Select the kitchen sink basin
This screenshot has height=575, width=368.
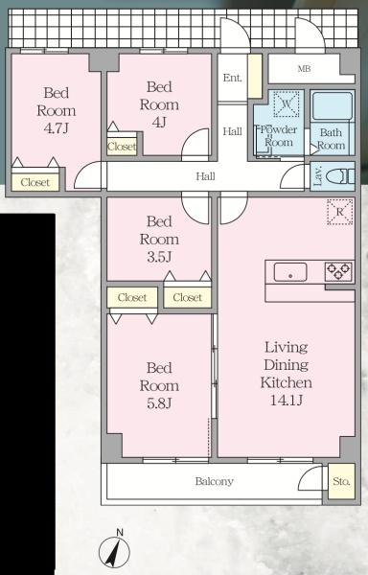[x=290, y=272]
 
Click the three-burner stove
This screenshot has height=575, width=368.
[x=339, y=272]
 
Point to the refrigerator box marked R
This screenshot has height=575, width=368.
[x=340, y=212]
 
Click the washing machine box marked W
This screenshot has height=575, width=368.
[x=287, y=104]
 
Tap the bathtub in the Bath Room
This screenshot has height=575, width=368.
[x=333, y=106]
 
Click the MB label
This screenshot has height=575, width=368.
[x=304, y=69]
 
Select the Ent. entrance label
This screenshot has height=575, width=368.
[x=232, y=78]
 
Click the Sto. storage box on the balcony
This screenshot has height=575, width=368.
[x=341, y=481]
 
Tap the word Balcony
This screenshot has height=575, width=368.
[x=214, y=481]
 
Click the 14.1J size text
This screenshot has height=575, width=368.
[x=287, y=400]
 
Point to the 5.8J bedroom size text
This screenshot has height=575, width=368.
[x=159, y=403]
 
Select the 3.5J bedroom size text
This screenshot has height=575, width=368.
[x=159, y=257]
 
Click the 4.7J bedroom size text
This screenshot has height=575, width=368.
[x=57, y=128]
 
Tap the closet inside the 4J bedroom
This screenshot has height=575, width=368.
[x=122, y=147]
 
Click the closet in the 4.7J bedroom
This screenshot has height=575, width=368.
[x=35, y=182]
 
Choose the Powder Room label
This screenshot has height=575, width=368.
[x=279, y=136]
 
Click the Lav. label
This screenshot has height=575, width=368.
[x=317, y=175]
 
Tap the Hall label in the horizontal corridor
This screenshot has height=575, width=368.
[x=205, y=176]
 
